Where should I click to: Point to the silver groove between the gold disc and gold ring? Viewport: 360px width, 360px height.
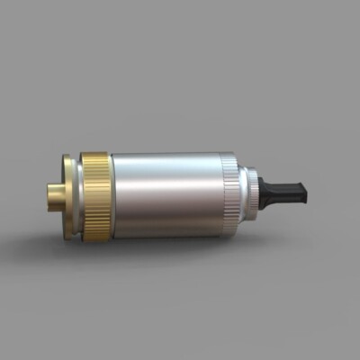click(77, 194)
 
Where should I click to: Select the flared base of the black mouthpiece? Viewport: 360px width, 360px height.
click(265, 191)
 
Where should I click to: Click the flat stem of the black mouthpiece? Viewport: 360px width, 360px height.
click(288, 191)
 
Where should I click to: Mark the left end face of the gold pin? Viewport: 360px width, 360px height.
click(49, 193)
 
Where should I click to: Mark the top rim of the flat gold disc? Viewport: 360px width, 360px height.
click(68, 157)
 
